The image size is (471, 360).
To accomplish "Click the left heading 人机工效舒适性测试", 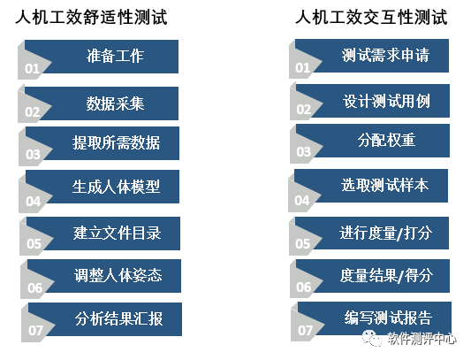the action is pos(91,17).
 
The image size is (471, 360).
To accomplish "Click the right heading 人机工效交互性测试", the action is pos(371,17).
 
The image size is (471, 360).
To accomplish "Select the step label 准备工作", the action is pos(116,56).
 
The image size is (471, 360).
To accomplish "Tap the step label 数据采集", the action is pos(116,103).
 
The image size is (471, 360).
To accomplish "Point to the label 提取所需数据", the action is pos(116,142).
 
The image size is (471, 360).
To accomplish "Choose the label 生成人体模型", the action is pos(116,187).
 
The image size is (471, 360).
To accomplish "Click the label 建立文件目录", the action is pos(118,234).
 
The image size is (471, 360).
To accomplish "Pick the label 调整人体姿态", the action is pos(118,275).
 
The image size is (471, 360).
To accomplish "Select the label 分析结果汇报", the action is pos(119,318).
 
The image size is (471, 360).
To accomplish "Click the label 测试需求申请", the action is pos(385,55).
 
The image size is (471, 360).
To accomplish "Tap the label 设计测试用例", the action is pos(386,101).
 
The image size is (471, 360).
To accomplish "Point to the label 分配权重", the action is pos(386,140).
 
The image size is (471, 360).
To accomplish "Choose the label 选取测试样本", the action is pos(384,185).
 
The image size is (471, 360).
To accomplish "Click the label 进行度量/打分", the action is pos(386,234).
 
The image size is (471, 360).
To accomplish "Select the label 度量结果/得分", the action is pos(386,275).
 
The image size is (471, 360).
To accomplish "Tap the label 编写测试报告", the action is pos(388,318).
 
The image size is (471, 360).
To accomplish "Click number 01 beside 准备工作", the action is pos(32,69).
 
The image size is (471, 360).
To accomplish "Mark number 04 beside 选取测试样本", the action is pos(302,200).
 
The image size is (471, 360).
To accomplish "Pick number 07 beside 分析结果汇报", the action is pos(35,331).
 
